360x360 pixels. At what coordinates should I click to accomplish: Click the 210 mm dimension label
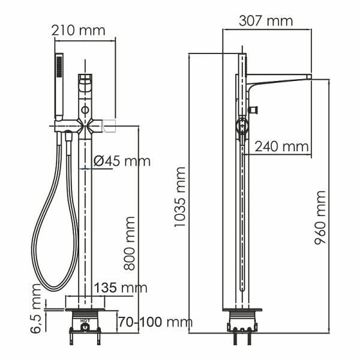(x=77, y=30)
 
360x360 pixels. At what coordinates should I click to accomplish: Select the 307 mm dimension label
(x=266, y=21)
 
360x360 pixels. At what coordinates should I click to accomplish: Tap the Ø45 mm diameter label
(x=123, y=161)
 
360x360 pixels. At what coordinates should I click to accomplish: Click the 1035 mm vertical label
(x=179, y=197)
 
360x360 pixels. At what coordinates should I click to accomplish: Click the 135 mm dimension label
(x=122, y=288)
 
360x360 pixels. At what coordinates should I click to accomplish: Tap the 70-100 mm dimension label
(x=152, y=322)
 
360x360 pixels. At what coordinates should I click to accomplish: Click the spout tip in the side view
(x=308, y=77)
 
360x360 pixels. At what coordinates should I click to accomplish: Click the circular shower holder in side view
(x=241, y=127)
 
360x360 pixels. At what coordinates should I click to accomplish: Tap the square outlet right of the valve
(x=109, y=125)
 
